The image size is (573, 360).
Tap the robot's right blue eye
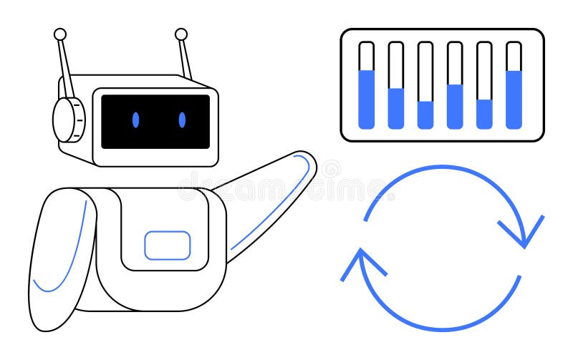pyautogui.click(x=182, y=120)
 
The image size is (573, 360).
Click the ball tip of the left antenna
pyautogui.click(x=60, y=34)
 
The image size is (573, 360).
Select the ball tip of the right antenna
pyautogui.click(x=181, y=34)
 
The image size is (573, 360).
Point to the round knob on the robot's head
pyautogui.click(x=69, y=119)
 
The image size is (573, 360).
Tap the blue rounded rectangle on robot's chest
pyautogui.click(x=168, y=245)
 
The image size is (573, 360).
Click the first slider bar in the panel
pyautogui.click(x=367, y=86)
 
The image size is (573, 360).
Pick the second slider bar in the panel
pyautogui.click(x=396, y=86)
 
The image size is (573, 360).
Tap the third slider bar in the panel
pyautogui.click(x=425, y=86)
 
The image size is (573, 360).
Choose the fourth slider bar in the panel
pyautogui.click(x=455, y=86)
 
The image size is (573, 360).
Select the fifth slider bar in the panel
pyautogui.click(x=484, y=86)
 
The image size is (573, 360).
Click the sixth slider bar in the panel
pyautogui.click(x=514, y=86)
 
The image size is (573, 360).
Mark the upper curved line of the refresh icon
pyautogui.click(x=444, y=169)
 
